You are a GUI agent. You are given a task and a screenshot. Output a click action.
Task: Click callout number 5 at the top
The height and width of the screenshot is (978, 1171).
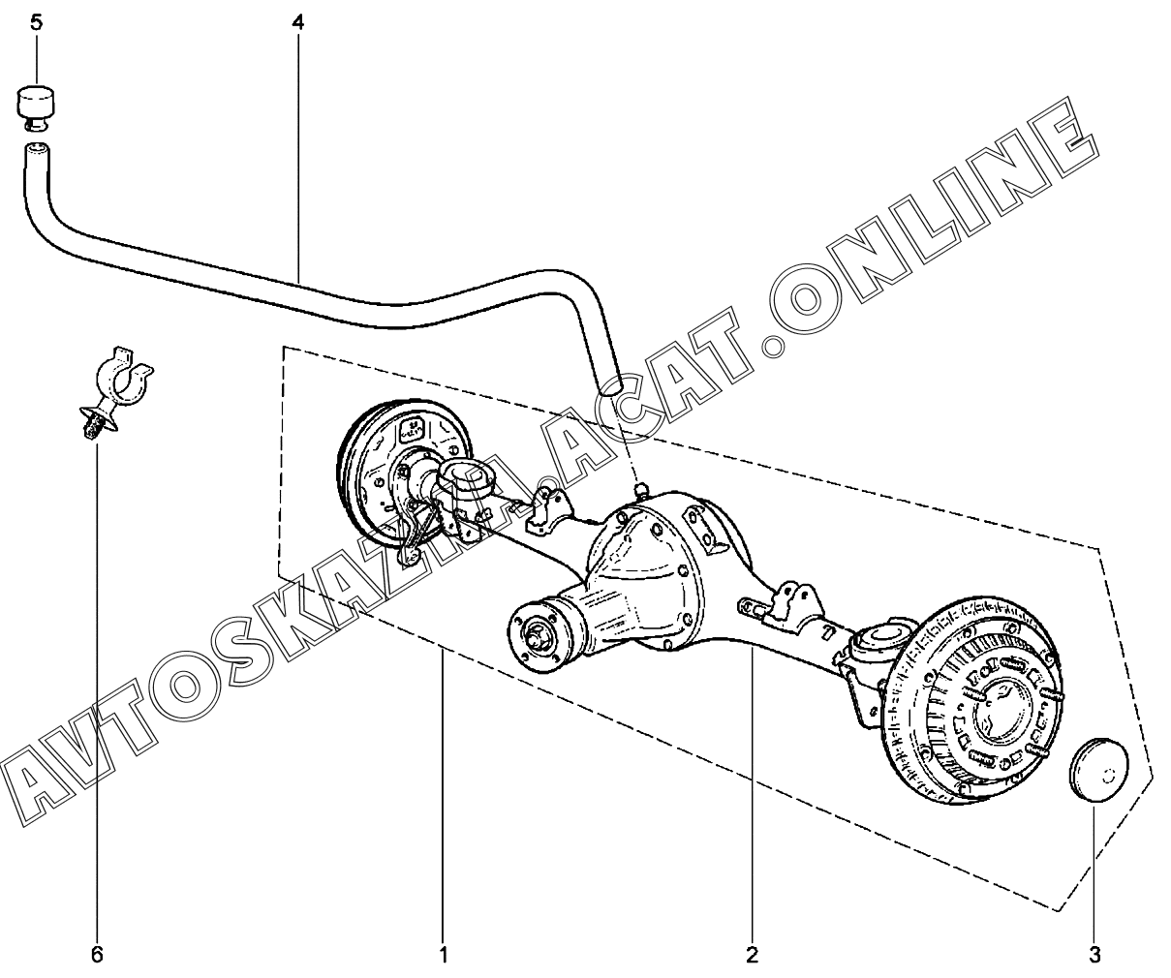click(36, 21)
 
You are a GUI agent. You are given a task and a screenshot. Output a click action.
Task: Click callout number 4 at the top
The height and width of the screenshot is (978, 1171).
click(297, 21)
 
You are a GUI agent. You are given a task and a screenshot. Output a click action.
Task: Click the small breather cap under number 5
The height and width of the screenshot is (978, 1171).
click(36, 105)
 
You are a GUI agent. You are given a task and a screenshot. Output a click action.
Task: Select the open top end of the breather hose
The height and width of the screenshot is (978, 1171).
click(37, 149)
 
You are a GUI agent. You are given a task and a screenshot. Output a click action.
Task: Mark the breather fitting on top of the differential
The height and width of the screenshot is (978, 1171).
click(639, 492)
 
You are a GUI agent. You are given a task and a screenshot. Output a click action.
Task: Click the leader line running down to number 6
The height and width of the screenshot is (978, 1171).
click(97, 678)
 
